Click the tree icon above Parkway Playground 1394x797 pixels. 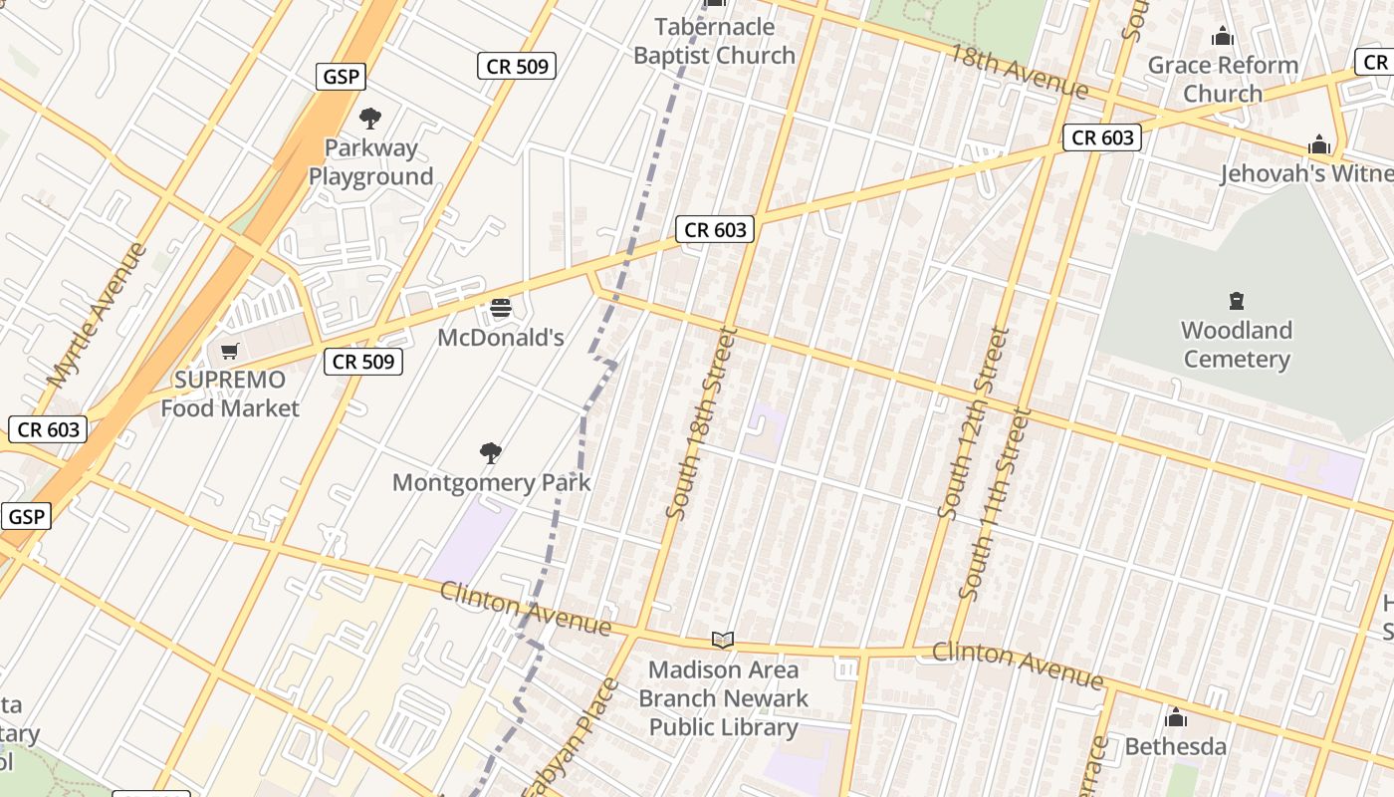(370, 119)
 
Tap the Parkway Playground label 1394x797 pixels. (370, 162)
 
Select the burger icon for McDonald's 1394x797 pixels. (501, 308)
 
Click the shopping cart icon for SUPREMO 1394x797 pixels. (230, 351)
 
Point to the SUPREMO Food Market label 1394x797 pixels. (230, 394)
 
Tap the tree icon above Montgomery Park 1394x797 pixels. (491, 453)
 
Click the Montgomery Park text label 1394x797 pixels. (491, 483)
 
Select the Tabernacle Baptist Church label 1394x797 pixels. (714, 41)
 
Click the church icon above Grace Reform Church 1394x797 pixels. (1223, 38)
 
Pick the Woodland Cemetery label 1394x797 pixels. (1237, 345)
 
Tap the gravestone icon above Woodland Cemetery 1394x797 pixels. (1237, 301)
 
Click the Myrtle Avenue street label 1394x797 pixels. (96, 315)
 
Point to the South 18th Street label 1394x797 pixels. (701, 422)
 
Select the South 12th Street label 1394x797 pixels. (974, 422)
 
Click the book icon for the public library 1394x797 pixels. (723, 640)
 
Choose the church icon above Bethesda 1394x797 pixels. (1176, 717)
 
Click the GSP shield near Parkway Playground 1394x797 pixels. (341, 77)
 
